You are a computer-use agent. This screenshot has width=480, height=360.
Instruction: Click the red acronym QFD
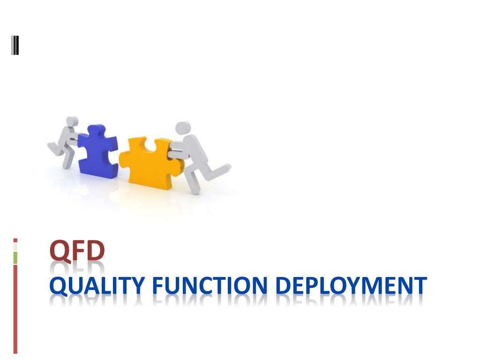pyautogui.click(x=77, y=250)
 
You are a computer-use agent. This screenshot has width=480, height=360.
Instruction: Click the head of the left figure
pyautogui.click(x=71, y=122)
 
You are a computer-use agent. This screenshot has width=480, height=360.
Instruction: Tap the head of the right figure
pyautogui.click(x=183, y=127)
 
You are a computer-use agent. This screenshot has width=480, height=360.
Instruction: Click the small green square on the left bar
pyautogui.click(x=15, y=257)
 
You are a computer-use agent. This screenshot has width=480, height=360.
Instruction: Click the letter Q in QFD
pyautogui.click(x=60, y=251)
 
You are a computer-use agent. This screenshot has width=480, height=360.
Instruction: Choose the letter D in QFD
pyautogui.click(x=96, y=250)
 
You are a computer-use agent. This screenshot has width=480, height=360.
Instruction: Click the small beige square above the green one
pyautogui.click(x=15, y=247)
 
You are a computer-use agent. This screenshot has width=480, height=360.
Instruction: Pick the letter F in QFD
pyautogui.click(x=78, y=250)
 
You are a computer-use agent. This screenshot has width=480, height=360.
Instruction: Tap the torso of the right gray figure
pyautogui.click(x=190, y=150)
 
